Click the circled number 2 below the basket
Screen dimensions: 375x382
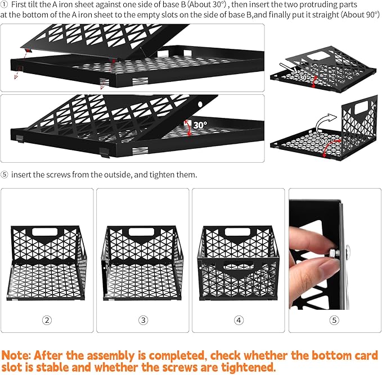tap(47, 320)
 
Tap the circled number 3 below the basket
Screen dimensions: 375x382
tap(143, 320)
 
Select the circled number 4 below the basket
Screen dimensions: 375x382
tap(239, 320)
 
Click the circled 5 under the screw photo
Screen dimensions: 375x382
tap(335, 320)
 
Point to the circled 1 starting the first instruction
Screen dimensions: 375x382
tap(4, 4)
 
